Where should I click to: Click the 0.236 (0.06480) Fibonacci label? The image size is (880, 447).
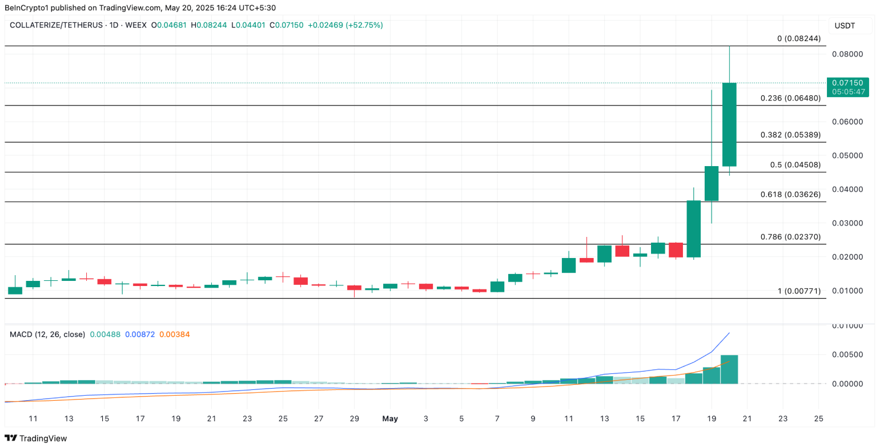790,98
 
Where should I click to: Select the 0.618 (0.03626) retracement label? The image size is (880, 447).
790,194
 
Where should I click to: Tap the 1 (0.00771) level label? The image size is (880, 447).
799,291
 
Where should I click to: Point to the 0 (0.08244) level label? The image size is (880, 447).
799,39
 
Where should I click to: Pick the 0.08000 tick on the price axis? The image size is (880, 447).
848,54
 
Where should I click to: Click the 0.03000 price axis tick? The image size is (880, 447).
848,223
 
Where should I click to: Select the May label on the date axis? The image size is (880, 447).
390,419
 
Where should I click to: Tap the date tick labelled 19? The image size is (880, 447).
712,419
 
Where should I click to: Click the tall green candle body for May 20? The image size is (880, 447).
729,124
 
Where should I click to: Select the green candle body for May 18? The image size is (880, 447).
693,228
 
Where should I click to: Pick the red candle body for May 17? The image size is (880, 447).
676,249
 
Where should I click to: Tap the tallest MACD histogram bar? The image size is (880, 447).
729,369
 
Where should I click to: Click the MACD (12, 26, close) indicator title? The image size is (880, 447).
47,335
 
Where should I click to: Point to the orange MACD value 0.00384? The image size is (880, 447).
175,335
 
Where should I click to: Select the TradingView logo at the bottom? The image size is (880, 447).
35,438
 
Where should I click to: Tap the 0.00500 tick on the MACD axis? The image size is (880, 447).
848,355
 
